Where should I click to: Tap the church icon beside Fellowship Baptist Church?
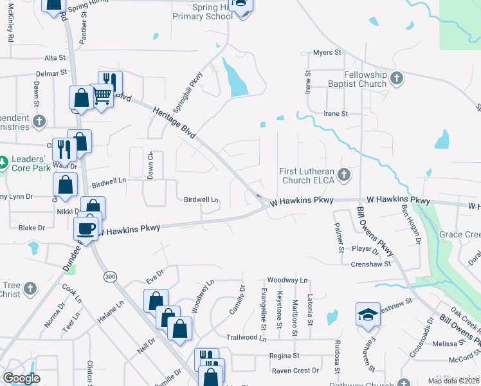397,78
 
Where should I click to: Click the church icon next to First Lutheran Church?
344,174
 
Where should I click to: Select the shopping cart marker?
102,96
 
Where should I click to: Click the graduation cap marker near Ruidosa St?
368,315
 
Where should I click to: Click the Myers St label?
325,53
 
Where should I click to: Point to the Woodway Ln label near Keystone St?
287,280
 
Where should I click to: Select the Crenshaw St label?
371,264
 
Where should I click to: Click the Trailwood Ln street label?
246,337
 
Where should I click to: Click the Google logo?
21,379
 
